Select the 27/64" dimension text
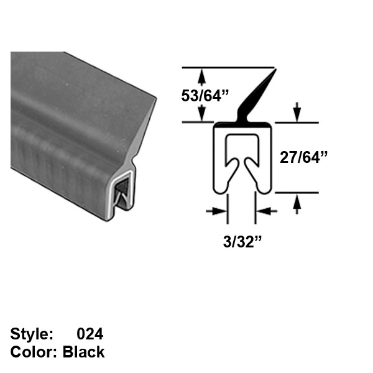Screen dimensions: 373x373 point(303,157)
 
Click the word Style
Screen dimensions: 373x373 point(30,334)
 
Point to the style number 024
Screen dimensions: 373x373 point(90,334)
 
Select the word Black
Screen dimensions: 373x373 point(84,352)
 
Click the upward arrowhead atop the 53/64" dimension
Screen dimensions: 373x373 point(201,76)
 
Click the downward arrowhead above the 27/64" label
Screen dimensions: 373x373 point(297,114)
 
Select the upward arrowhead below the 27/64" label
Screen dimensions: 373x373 point(297,200)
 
